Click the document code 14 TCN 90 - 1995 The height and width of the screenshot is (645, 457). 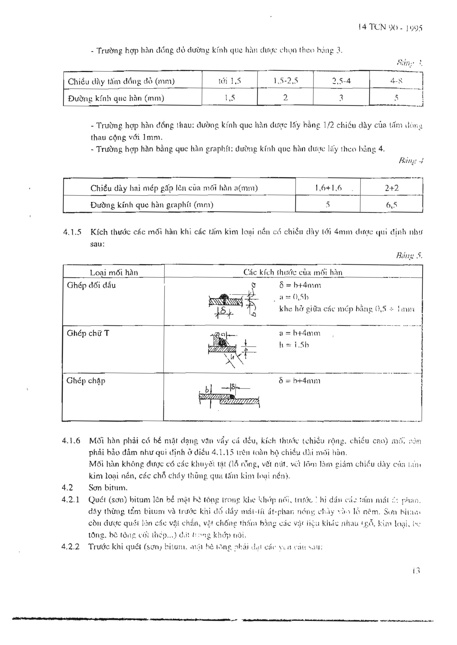tap(391, 27)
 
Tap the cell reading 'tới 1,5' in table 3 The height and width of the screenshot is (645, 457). tap(230, 81)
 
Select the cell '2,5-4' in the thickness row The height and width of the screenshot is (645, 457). tap(341, 81)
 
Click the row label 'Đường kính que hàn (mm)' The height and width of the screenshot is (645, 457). tap(116, 98)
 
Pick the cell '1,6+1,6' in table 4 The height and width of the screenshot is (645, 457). tap(328, 188)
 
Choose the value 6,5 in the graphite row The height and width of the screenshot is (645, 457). tap(391, 205)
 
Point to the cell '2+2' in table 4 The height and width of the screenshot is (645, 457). tap(392, 188)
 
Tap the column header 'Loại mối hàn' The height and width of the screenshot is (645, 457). tap(114, 272)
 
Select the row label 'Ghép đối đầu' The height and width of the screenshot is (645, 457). tap(91, 285)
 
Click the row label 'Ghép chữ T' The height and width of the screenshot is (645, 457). tap(88, 333)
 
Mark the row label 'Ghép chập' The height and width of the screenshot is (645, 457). tap(86, 381)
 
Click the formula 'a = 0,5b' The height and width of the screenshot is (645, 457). tap(294, 297)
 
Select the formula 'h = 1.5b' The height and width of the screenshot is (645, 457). tap(294, 345)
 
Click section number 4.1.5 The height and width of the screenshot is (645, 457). tap(72, 232)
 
